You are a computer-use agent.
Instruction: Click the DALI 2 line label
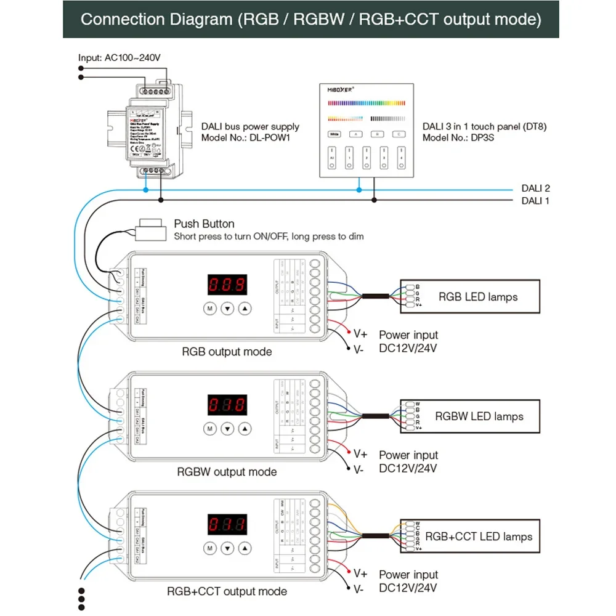(535, 188)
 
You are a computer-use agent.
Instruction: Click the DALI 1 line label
(535, 201)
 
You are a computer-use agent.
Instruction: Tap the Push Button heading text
(204, 224)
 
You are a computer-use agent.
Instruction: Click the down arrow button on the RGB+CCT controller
(227, 548)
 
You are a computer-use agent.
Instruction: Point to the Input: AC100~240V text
(119, 58)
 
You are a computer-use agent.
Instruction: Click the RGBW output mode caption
(227, 472)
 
